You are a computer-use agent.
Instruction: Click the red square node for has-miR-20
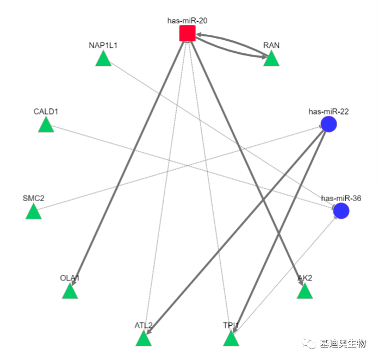pyautogui.click(x=187, y=34)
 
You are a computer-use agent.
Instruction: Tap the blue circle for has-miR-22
pyautogui.click(x=328, y=124)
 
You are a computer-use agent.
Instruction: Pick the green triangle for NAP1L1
pyautogui.click(x=103, y=59)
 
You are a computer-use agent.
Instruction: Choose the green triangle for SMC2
pyautogui.click(x=34, y=212)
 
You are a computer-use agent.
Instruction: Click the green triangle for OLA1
pyautogui.click(x=70, y=292)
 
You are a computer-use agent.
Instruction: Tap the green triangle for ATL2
pyautogui.click(x=143, y=339)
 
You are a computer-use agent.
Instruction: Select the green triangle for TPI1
pyautogui.click(x=231, y=339)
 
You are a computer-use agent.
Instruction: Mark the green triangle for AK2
pyautogui.click(x=305, y=292)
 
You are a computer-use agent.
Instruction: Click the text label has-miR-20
pyautogui.click(x=187, y=21)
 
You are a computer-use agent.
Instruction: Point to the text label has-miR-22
pyautogui.click(x=329, y=111)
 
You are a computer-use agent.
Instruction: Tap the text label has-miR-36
pyautogui.click(x=341, y=198)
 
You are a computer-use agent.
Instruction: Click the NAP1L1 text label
pyautogui.click(x=103, y=45)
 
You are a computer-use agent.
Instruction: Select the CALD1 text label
pyautogui.click(x=46, y=111)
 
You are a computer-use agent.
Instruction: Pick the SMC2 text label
pyautogui.click(x=33, y=198)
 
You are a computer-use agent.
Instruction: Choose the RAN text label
pyautogui.click(x=271, y=45)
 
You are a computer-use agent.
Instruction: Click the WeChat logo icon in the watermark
pyautogui.click(x=310, y=343)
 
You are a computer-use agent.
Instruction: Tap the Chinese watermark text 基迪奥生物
pyautogui.click(x=343, y=343)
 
